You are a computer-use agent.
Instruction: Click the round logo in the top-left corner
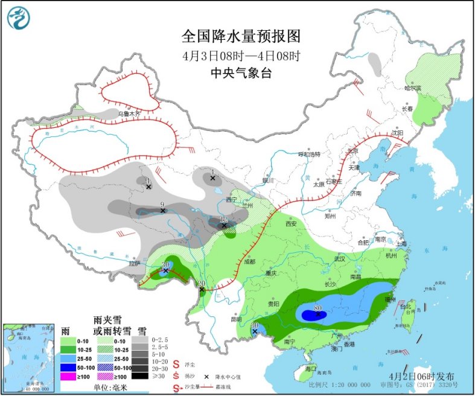pos(18,18)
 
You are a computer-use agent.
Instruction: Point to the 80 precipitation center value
pos(317,308)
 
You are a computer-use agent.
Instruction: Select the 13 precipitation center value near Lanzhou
pos(223,219)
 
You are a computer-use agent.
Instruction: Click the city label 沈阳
pos(397,132)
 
